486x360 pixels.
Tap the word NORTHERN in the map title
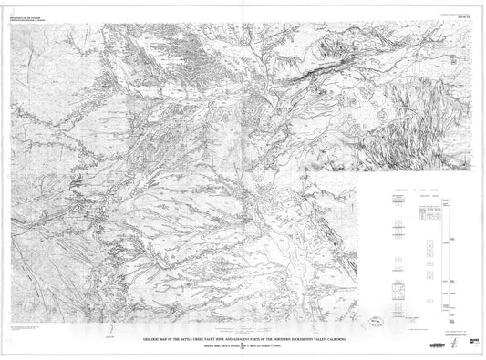[x=299, y=338]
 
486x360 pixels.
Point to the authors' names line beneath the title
[x=243, y=345]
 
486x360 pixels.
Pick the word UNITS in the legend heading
[x=429, y=188]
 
